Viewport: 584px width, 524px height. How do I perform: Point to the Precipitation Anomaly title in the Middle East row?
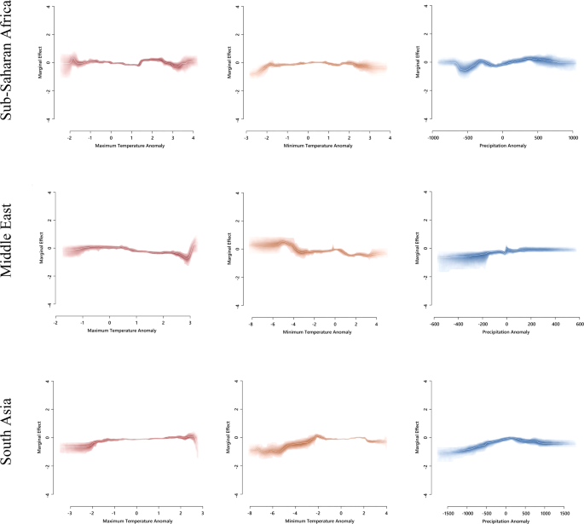click(x=506, y=331)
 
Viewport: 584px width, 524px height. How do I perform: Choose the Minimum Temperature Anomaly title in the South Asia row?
click(x=318, y=520)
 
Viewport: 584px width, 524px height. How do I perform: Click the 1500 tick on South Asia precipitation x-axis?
click(x=565, y=513)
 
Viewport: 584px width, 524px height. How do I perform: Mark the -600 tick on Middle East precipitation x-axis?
click(x=434, y=324)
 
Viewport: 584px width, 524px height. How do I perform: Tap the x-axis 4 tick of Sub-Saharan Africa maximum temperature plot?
click(x=194, y=136)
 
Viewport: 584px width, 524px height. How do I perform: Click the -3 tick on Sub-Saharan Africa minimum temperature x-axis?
click(x=246, y=136)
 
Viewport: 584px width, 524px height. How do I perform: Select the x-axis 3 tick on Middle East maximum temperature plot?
click(x=189, y=324)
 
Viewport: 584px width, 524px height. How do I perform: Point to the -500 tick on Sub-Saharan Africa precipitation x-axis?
click(x=467, y=136)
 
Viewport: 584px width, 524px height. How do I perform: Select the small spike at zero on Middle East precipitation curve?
click(x=506, y=248)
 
